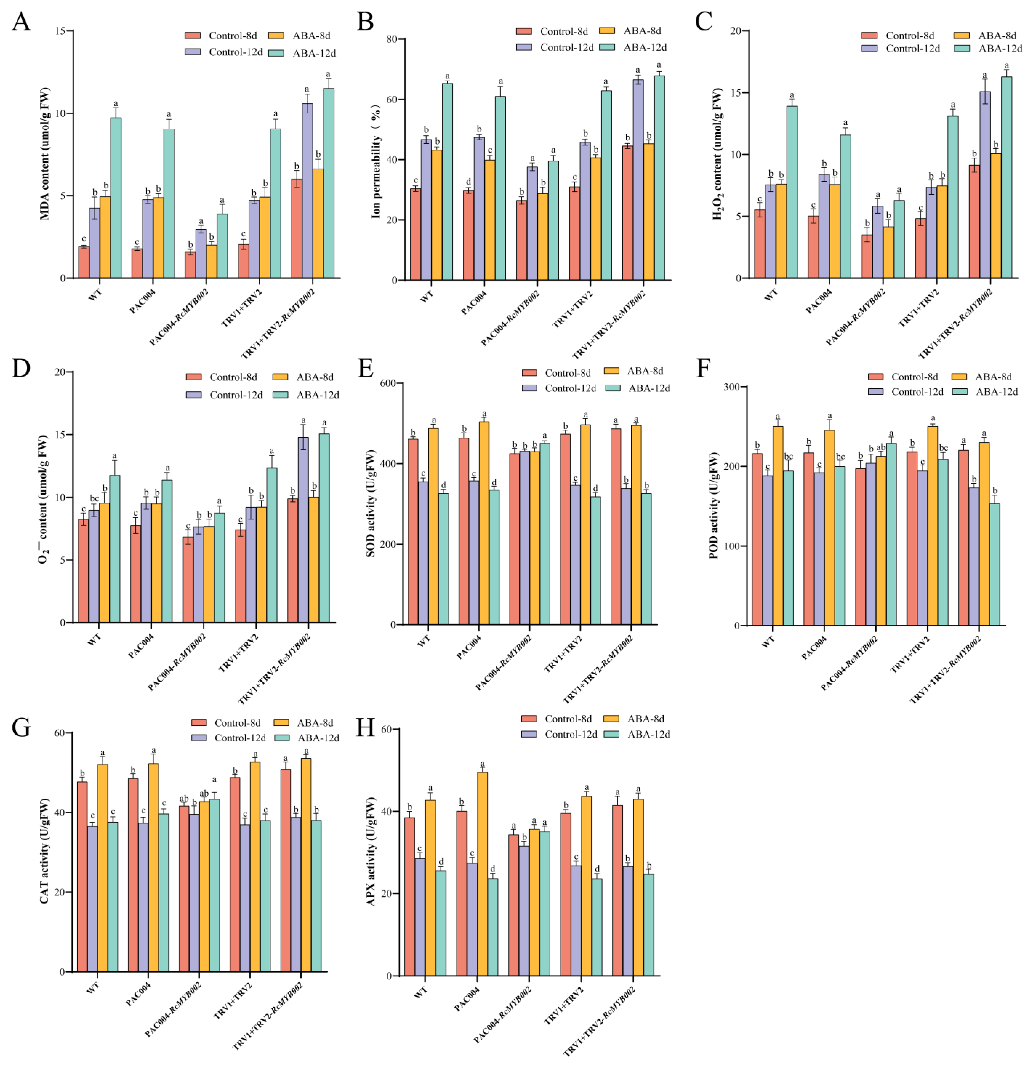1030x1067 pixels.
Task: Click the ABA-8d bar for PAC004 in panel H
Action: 482,874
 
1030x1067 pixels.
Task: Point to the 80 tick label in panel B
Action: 392,39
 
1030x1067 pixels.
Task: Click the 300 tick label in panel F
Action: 732,387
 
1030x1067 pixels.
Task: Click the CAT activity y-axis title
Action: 45,851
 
